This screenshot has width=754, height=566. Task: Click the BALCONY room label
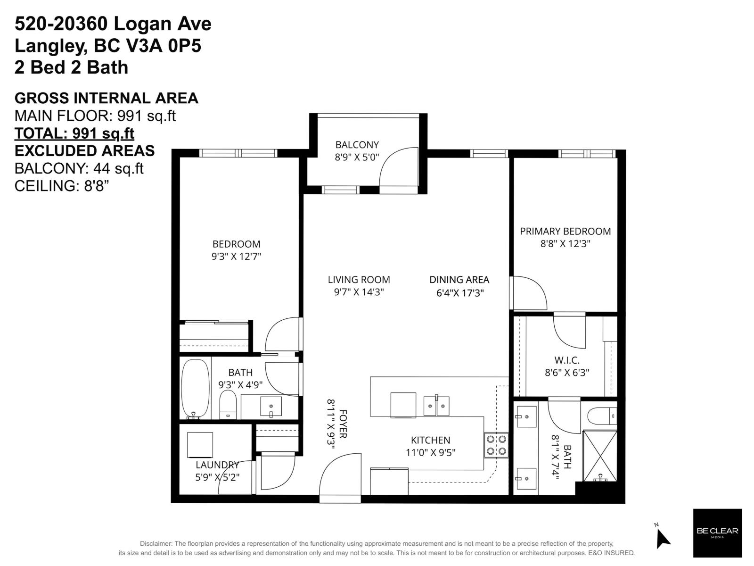coord(357,145)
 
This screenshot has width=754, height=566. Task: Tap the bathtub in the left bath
coord(196,389)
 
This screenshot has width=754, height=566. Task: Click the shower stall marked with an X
coord(599,455)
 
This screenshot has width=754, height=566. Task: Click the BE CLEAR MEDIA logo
coord(717,533)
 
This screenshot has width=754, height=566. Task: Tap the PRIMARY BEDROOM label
coord(565,231)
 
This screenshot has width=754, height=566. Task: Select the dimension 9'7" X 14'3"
coord(359,292)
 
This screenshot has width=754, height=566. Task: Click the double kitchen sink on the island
coord(436,406)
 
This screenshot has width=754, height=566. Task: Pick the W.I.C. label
coord(567,360)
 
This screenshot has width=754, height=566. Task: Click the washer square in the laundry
coord(200,445)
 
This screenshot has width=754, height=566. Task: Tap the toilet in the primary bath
coord(601,416)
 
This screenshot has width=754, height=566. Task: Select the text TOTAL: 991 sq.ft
coord(74,133)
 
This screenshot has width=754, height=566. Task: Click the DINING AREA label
coord(459,280)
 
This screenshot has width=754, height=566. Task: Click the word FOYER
coord(343,424)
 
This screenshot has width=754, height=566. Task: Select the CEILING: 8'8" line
coord(62,186)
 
